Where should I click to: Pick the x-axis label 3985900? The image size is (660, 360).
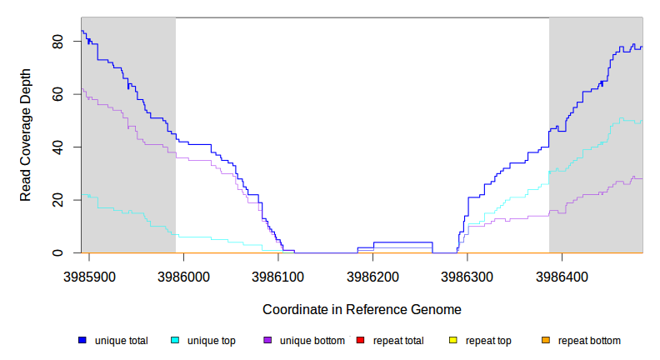[x=89, y=274]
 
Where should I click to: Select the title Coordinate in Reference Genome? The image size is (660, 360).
[x=362, y=309]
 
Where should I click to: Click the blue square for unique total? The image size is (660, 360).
[x=82, y=341]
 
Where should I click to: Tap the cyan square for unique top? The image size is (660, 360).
[x=175, y=341]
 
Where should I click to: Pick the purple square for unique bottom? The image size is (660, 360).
[x=267, y=341]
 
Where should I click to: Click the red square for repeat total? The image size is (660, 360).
[x=360, y=341]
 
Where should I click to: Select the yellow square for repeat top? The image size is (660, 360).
[x=452, y=341]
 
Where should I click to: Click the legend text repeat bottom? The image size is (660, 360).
[x=588, y=341]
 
